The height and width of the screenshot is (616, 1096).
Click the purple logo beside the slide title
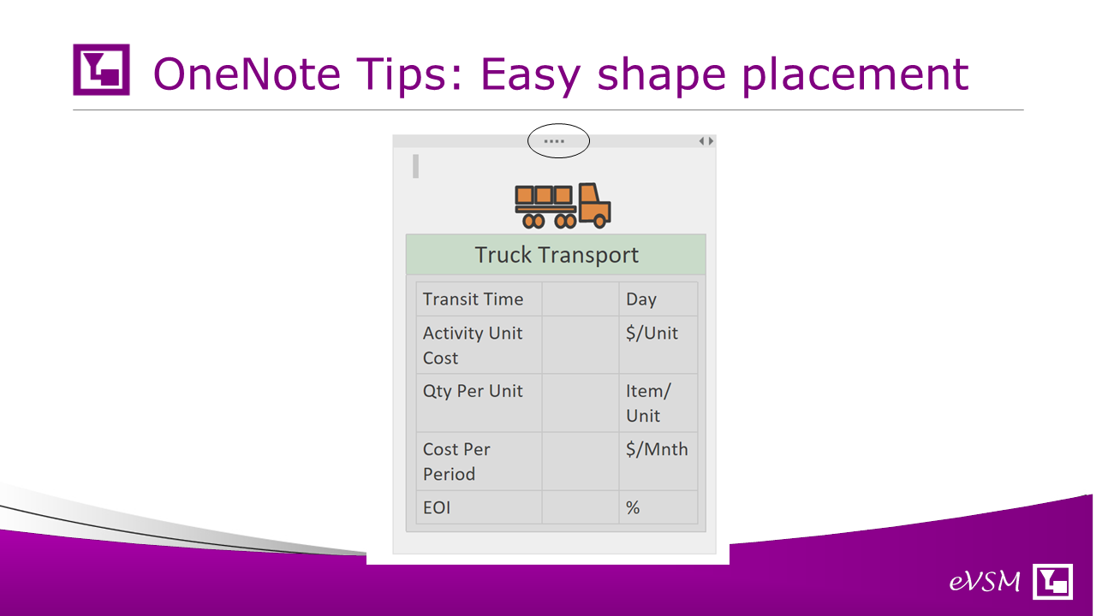coord(101,69)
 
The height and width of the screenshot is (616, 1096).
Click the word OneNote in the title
coord(247,74)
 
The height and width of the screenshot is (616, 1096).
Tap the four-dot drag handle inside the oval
coord(554,141)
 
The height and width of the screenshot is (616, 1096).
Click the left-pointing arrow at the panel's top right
coord(701,141)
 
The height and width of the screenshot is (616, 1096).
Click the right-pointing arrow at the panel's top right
coord(711,141)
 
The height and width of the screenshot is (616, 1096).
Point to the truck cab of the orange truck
coord(594,203)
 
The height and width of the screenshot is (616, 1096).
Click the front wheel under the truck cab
coord(599,222)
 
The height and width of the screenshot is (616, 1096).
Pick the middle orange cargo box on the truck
coord(543,195)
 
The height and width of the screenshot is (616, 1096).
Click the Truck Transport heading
coord(557,255)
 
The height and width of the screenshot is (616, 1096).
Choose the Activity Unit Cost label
coord(473,345)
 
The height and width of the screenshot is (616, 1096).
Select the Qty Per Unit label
coord(473,391)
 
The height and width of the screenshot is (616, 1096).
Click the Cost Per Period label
coord(456,461)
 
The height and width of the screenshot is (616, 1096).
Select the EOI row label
coord(437,507)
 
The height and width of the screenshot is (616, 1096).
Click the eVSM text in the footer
coord(985,581)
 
